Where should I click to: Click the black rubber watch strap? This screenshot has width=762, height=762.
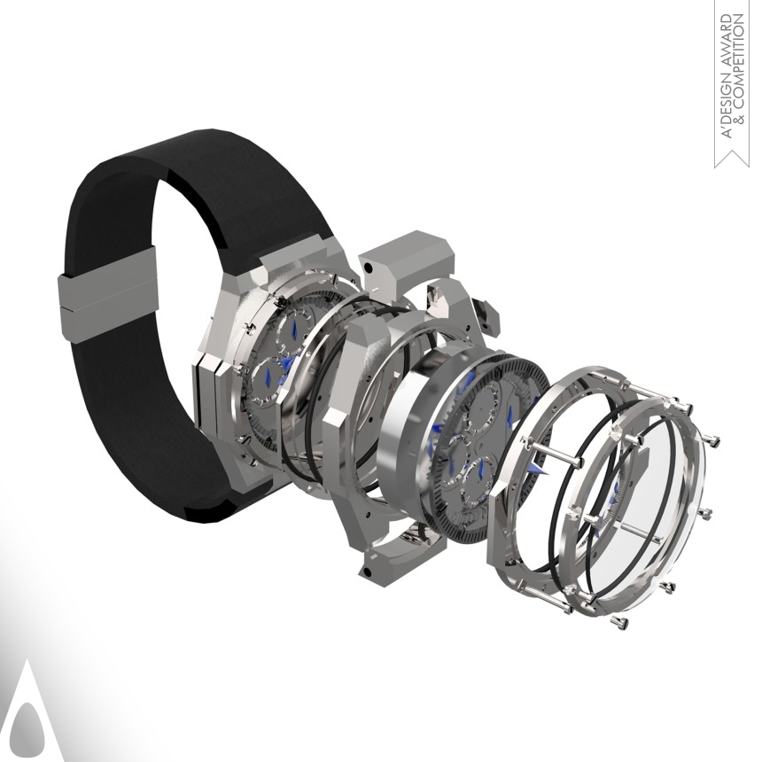(133, 195)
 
